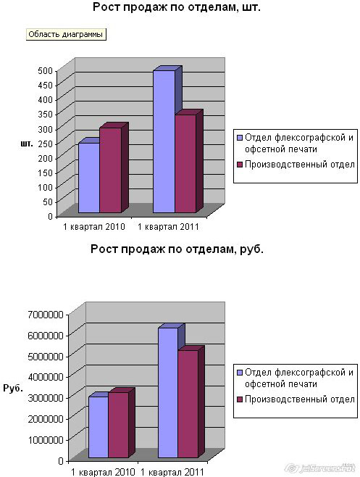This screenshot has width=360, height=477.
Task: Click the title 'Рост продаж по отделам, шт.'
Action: [x=176, y=7]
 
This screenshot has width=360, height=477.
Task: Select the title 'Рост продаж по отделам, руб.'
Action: [x=177, y=249]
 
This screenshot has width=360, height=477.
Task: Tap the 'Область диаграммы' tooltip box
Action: [x=66, y=34]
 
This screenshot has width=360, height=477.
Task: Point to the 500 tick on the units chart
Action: [x=46, y=70]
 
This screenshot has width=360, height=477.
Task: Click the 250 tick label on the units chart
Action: [x=46, y=144]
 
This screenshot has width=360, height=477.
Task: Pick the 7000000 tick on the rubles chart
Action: [x=46, y=315]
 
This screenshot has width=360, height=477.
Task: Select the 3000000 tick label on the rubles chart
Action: [x=46, y=398]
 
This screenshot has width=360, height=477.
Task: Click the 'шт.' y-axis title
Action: [x=27, y=144]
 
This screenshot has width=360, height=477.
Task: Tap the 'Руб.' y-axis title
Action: [x=13, y=388]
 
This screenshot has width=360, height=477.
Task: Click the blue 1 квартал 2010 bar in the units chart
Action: [x=89, y=178]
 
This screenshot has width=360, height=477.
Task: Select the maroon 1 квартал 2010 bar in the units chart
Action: [x=110, y=170]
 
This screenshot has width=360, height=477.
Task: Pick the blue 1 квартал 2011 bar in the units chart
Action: [x=164, y=141]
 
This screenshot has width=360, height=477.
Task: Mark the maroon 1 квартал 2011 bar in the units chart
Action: [x=185, y=164]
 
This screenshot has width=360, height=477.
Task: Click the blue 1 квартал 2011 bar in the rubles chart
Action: [x=168, y=392]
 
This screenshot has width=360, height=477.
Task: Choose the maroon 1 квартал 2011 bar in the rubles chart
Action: [x=188, y=404]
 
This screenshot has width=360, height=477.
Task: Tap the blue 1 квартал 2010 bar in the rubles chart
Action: [x=99, y=427]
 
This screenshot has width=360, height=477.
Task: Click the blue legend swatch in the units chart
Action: [x=240, y=138]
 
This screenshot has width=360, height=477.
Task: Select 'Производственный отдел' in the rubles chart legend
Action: [x=300, y=399]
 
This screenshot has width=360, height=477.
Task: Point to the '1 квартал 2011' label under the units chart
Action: [x=168, y=227]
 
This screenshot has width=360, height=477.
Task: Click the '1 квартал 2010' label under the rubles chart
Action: [x=103, y=472]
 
